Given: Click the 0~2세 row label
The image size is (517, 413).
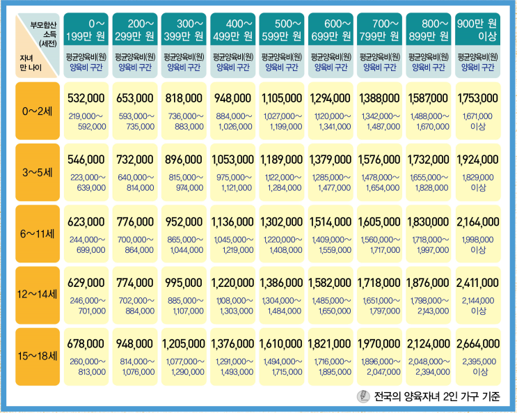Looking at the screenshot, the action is pos(38,111).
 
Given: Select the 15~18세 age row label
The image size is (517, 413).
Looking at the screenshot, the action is pos(38,356).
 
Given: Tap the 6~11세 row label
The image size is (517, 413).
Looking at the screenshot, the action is pos(38,234).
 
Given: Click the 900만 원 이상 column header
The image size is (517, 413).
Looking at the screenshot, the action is pos(477,29).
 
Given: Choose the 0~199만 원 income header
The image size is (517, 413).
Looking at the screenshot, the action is pos(86,29).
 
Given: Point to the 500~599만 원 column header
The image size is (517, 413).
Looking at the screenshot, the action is pos(282,29).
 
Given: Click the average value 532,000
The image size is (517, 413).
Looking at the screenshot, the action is pos(86,98).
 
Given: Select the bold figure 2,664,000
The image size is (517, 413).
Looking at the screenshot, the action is pos(478,343).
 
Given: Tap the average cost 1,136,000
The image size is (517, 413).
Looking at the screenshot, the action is pos(233,221).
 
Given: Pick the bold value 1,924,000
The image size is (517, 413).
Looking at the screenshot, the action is pos(478,159).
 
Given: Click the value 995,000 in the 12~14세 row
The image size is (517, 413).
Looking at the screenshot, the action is pos(184,283).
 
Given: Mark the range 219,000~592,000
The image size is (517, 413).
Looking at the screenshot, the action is pos(87,121).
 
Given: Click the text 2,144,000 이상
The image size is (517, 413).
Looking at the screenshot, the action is pos(478,305).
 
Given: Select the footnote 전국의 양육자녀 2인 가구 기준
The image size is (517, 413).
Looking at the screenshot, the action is pos(437,396).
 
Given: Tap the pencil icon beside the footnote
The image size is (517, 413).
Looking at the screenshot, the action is pos(363,396).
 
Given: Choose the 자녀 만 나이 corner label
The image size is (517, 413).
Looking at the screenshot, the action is pos(31,63).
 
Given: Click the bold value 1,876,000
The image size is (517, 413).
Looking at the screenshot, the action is pos(429,283).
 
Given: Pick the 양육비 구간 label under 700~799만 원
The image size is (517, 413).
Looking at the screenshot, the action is pos(379,68).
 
